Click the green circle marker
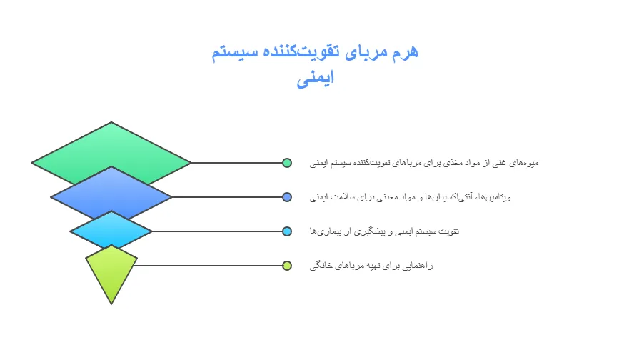tap(287, 163)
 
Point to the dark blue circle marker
tap(287, 197)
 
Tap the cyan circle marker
tap(287, 231)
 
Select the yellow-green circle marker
tap(287, 266)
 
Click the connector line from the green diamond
tap(236, 163)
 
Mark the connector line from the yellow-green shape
tap(209, 266)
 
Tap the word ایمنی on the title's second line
tap(316, 79)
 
